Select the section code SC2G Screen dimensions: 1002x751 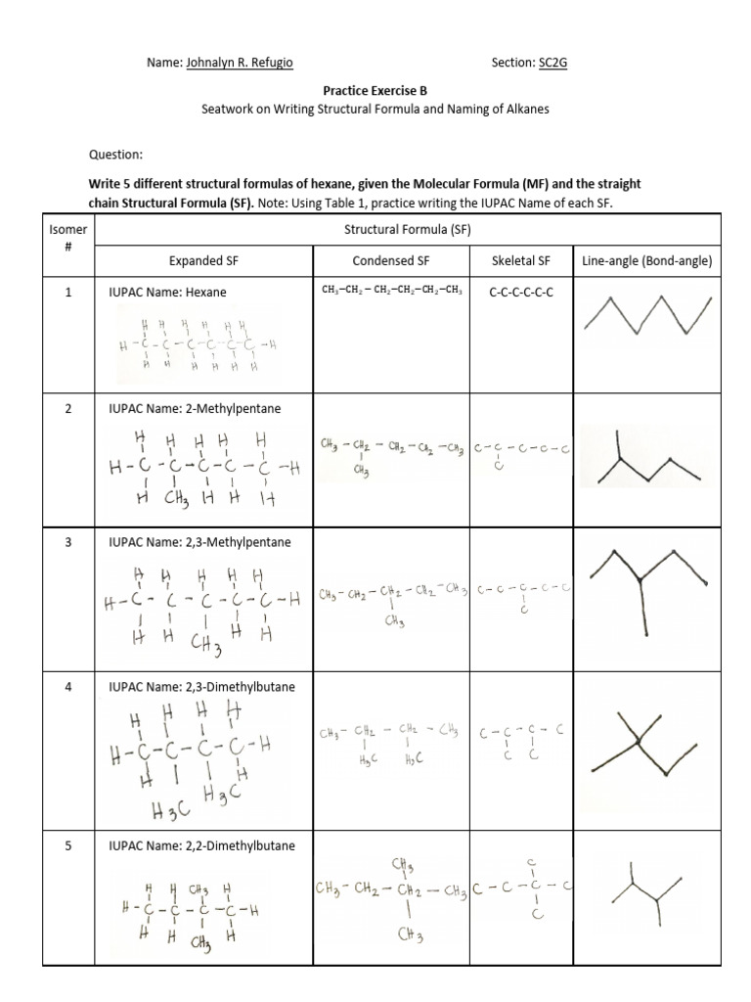[x=552, y=63]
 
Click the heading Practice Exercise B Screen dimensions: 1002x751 [x=375, y=90]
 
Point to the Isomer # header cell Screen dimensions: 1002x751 [x=68, y=237]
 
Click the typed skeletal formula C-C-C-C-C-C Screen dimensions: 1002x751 [x=520, y=292]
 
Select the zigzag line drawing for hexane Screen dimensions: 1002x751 [x=646, y=317]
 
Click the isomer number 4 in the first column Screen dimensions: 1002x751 [x=68, y=687]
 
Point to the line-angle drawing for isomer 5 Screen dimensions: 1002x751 [x=646, y=890]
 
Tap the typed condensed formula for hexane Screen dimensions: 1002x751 [x=391, y=291]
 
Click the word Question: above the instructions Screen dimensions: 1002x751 [x=115, y=155]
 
